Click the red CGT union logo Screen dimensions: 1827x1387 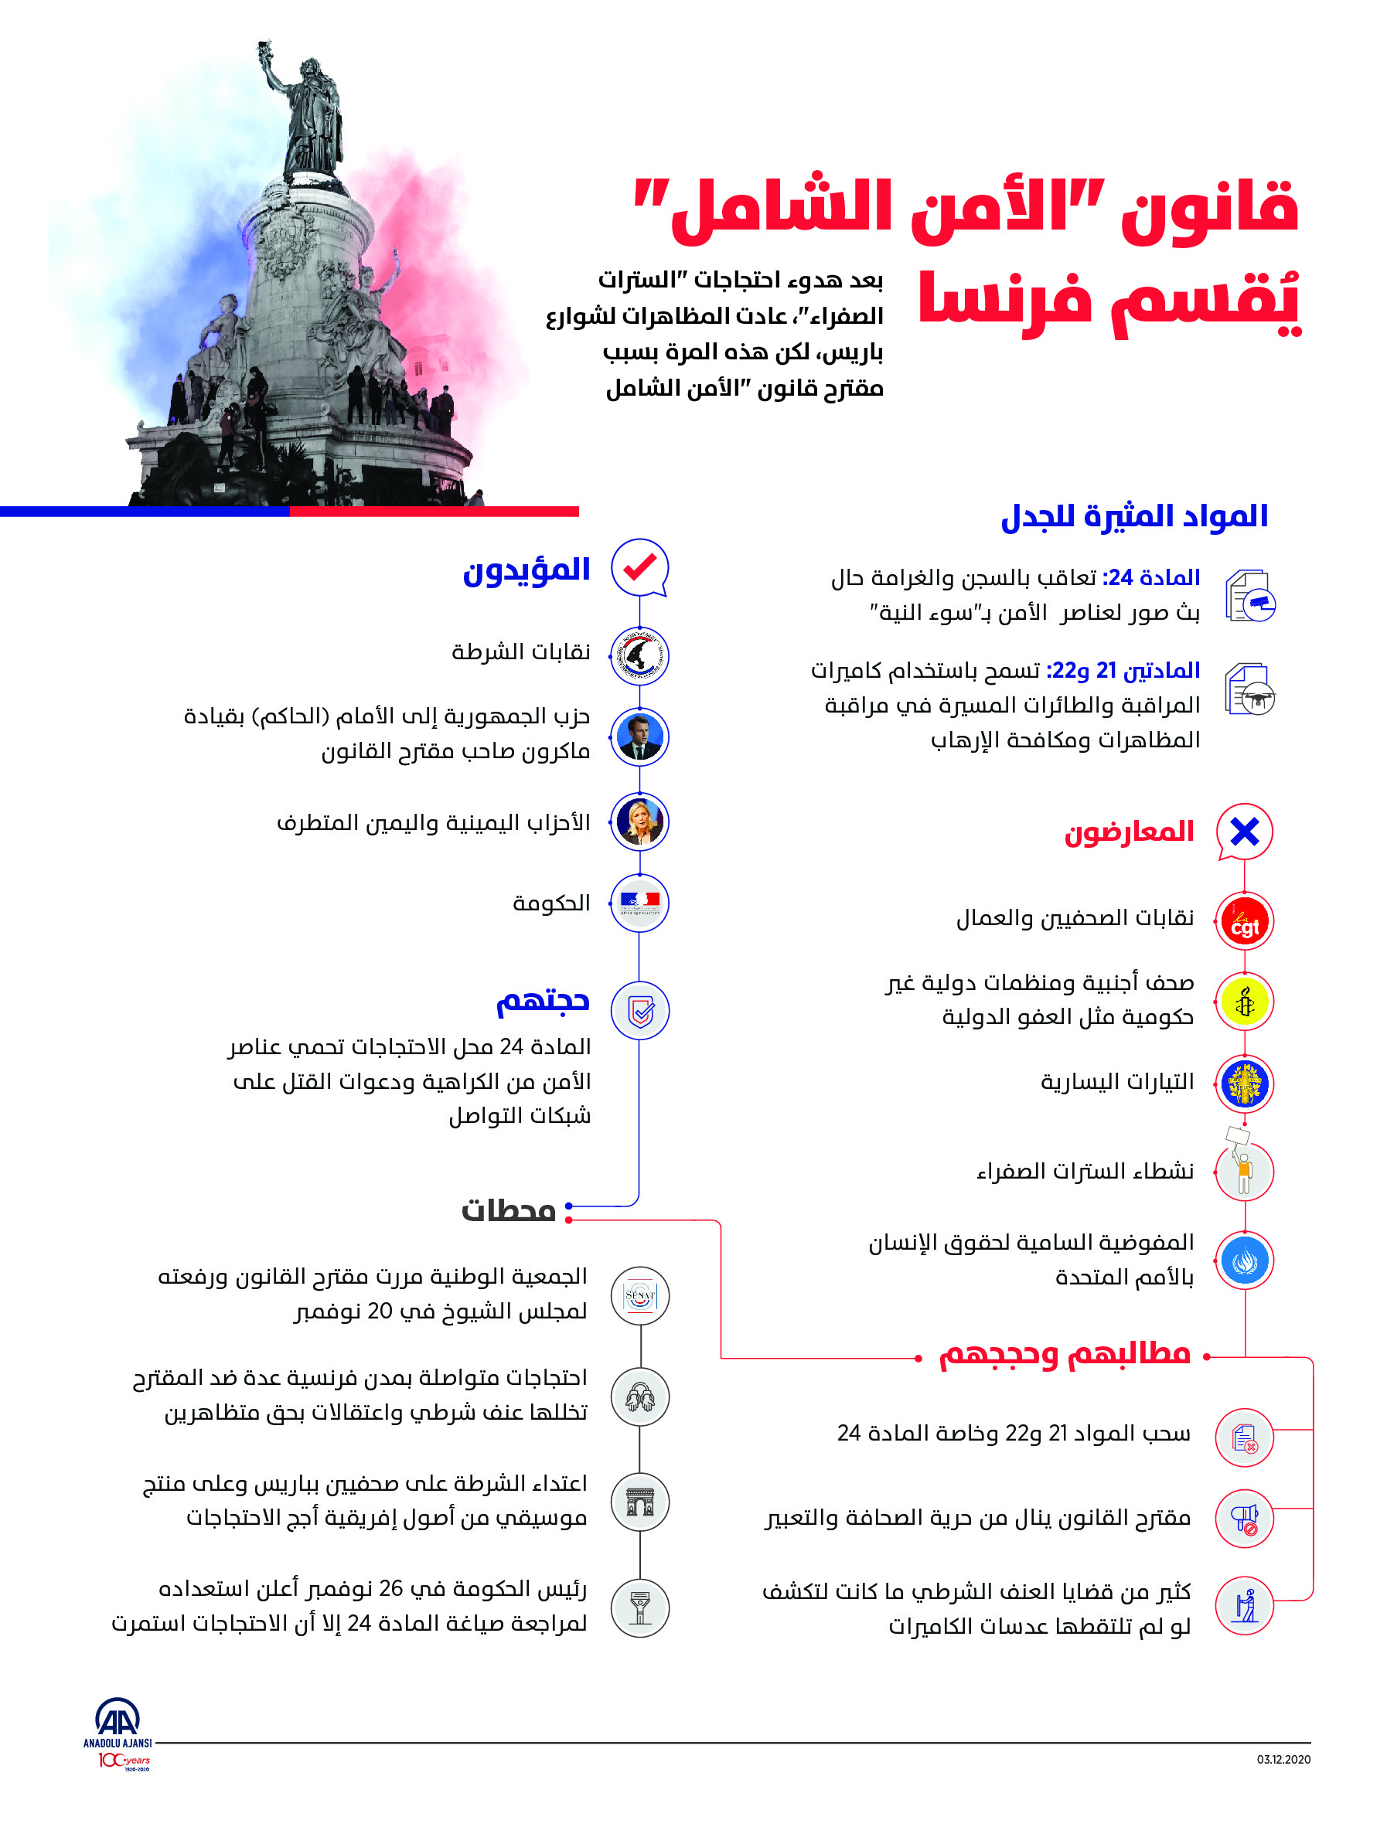coord(1244,921)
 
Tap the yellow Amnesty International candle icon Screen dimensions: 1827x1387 coord(1244,1002)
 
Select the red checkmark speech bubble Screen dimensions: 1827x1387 coord(639,568)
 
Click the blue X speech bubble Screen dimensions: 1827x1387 coord(1244,831)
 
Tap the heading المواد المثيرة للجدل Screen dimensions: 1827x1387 coord(1134,516)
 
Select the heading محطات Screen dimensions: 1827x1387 coord(508,1211)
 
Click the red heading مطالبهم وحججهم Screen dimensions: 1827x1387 coord(1064,1356)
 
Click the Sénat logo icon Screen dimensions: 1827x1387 coord(640,1296)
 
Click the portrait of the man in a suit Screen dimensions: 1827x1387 coord(639,737)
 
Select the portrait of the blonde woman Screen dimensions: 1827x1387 coord(639,822)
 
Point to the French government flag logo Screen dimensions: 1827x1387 coord(639,903)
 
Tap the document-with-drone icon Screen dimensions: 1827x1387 coord(1251,689)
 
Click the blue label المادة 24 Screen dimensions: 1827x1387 coord(1153,577)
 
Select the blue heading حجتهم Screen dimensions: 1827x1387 coord(543,1001)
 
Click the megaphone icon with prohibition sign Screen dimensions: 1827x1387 coord(1244,1518)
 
